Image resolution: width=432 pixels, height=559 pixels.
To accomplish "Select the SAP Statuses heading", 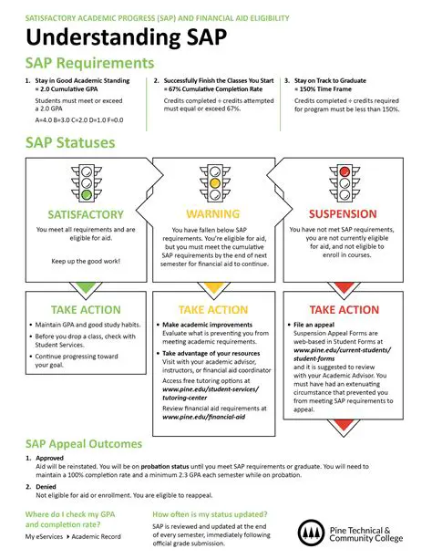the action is (x=70, y=144).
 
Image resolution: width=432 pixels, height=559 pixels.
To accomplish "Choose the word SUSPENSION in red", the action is (x=345, y=214).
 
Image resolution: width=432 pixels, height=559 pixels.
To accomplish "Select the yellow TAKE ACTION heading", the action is (x=214, y=310).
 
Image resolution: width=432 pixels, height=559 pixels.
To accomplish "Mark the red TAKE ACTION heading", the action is (x=345, y=310).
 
